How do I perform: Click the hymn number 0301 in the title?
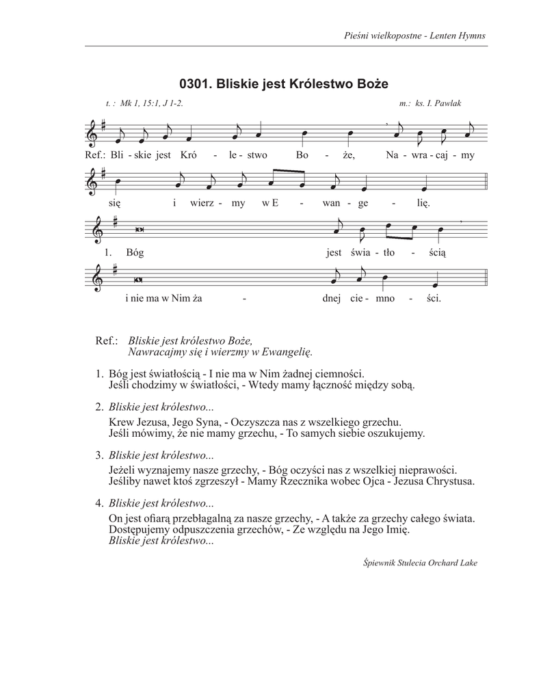pos(196,84)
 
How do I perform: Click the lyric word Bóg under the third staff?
pos(135,251)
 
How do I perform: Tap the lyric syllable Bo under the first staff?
pos(303,155)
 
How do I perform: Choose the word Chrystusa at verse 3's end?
pos(447,481)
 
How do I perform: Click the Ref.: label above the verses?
pos(107,340)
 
